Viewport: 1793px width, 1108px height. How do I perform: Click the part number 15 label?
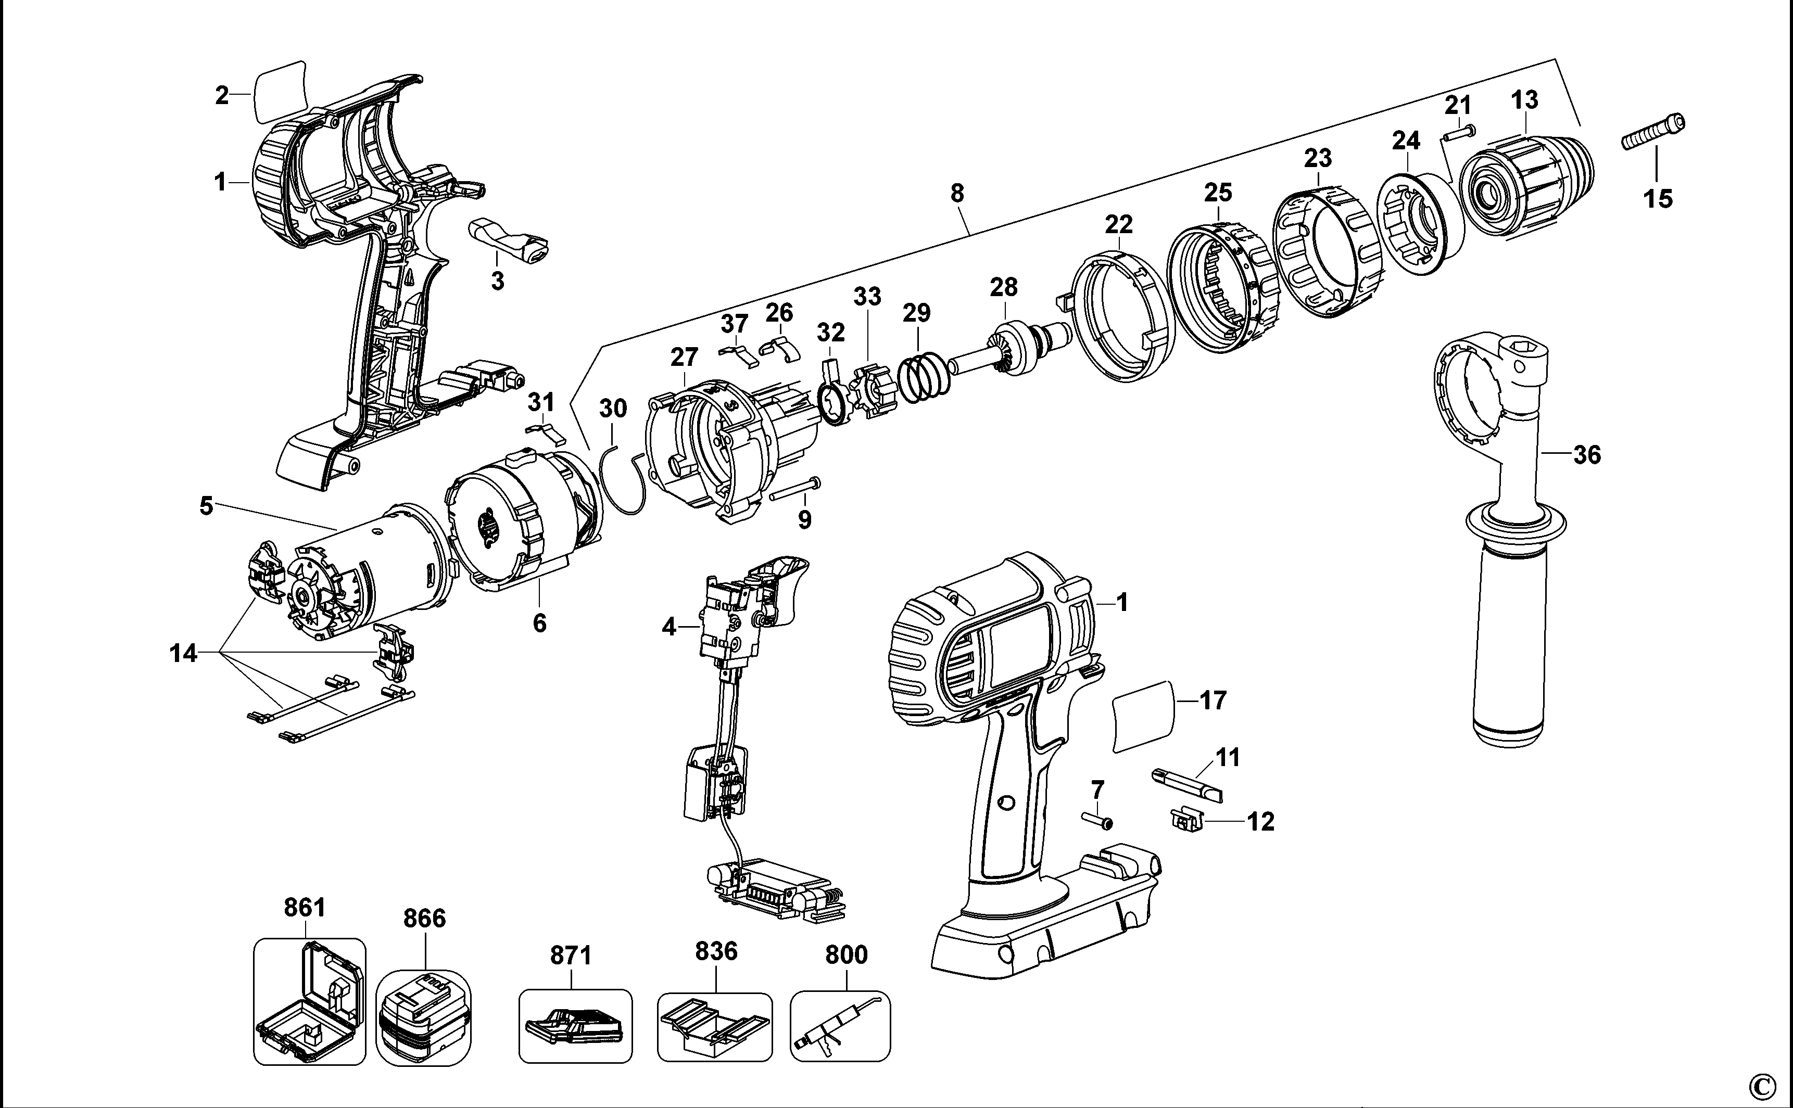tap(1658, 199)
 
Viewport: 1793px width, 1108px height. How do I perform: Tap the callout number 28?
tap(1004, 287)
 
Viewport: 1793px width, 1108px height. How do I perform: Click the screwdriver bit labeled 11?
tap(1188, 785)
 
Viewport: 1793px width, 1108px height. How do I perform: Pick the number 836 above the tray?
tap(715, 951)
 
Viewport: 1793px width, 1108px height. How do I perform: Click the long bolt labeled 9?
tap(794, 489)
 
